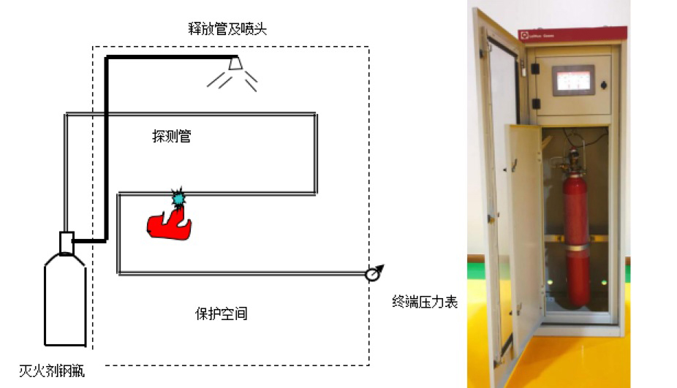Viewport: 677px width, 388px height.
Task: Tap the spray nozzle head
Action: point(236,64)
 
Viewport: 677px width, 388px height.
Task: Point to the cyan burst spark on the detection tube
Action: point(178,197)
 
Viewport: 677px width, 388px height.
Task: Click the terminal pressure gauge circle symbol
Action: point(372,274)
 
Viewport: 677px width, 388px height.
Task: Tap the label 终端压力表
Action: point(424,302)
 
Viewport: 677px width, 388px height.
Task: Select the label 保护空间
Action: point(221,314)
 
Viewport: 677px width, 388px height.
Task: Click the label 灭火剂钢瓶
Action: point(52,372)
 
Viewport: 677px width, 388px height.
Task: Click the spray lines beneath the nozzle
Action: point(234,80)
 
